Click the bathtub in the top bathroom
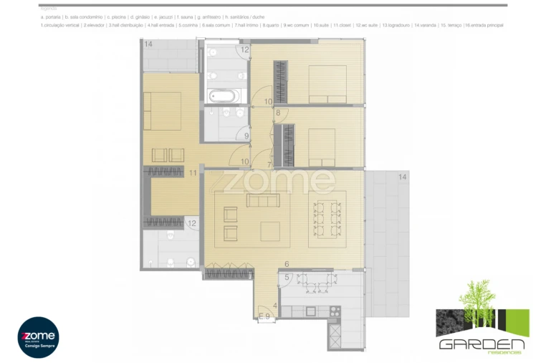[222, 95]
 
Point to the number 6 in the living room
[286, 264]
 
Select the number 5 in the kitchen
[287, 278]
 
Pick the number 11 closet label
[193, 173]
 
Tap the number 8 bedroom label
[277, 113]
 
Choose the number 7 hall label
[269, 165]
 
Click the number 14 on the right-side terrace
[402, 176]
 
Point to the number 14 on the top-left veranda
[148, 44]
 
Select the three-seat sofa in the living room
[259, 201]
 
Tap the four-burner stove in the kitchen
[334, 310]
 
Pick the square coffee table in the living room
[270, 232]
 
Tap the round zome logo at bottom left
[38, 337]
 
